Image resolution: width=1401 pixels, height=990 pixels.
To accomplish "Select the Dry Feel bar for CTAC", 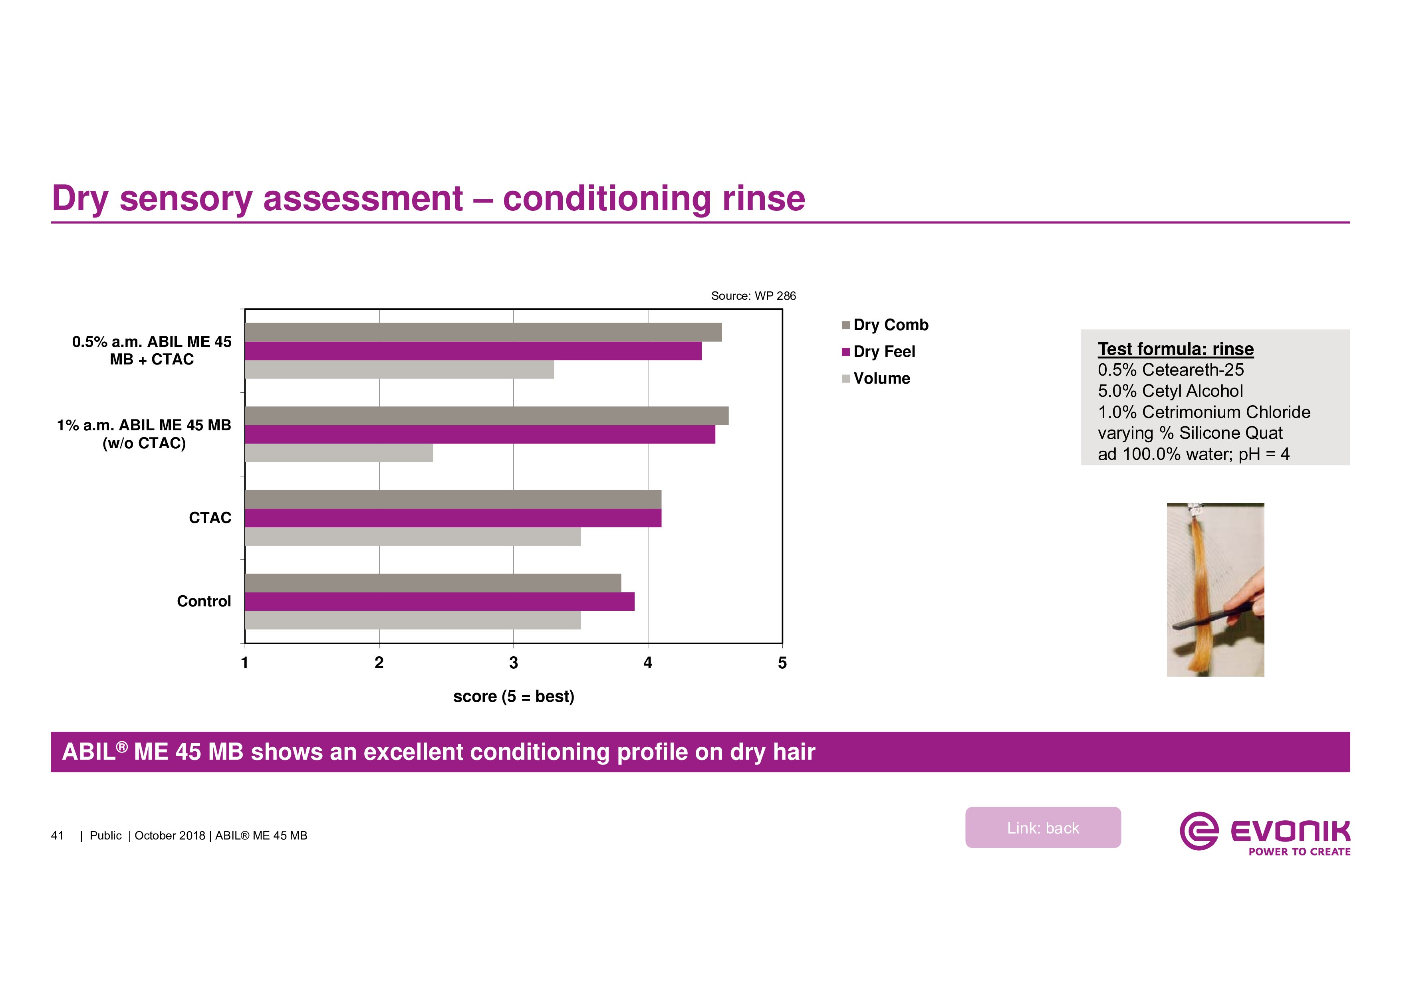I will point(453,518).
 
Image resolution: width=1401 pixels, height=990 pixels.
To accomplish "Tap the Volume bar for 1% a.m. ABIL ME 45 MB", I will point(339,453).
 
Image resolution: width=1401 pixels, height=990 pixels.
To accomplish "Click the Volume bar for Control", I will point(413,620).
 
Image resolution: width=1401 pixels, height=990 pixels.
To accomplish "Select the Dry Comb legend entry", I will point(890,325).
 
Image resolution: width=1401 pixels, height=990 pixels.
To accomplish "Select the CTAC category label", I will point(210,518).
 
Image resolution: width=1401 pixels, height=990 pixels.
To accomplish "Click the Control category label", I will point(204,602).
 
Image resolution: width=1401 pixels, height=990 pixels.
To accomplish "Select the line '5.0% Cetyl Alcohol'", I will point(1170,391).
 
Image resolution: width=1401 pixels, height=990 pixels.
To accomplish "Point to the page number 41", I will point(58,836).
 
